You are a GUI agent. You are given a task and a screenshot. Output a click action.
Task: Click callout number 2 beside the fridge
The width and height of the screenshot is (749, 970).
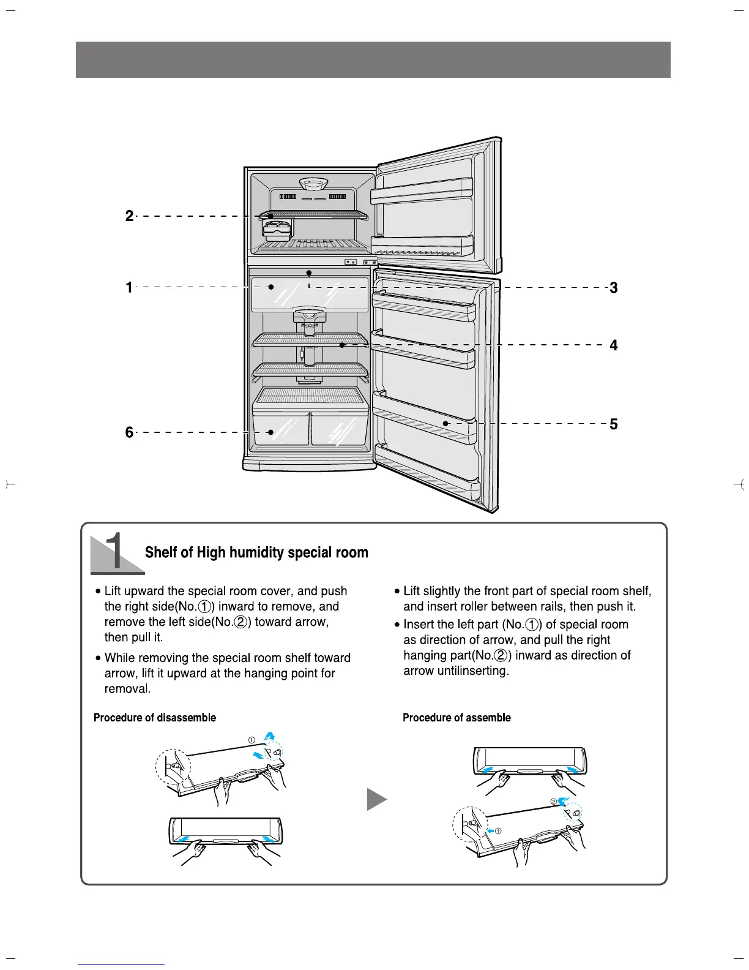pos(129,216)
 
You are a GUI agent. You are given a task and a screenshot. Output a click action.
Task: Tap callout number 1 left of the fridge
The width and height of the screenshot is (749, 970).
pos(129,287)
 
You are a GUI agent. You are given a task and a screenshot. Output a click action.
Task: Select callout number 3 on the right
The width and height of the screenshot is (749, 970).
pos(614,287)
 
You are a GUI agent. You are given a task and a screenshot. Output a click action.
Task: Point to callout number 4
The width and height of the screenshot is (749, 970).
pos(614,345)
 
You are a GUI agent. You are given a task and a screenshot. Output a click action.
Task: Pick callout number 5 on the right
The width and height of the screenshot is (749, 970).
pos(614,424)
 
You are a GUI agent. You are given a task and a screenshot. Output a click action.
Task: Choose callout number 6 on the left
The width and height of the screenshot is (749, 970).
pos(129,432)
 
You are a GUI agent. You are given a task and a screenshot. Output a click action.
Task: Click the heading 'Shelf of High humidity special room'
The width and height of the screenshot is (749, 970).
pos(256,552)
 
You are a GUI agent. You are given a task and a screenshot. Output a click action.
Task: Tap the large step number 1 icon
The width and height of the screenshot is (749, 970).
pos(116,552)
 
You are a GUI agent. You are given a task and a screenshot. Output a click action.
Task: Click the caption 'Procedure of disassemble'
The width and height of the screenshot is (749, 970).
pos(155,718)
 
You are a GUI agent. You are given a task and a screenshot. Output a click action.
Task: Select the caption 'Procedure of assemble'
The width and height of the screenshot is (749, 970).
pos(456,718)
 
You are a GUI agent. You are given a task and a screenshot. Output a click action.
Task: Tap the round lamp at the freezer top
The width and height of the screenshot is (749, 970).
pos(314,183)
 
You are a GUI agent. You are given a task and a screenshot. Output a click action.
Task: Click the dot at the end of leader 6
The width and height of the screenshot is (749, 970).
pos(270,432)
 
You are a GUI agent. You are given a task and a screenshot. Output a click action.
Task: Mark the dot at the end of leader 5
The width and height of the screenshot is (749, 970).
pos(446,423)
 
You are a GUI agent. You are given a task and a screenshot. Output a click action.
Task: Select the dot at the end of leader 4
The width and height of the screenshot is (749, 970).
pos(343,345)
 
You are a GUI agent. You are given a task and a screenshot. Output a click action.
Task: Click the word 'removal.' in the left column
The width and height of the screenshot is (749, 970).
pos(127,689)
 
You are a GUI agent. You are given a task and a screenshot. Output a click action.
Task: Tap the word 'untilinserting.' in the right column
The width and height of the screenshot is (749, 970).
pos(456,671)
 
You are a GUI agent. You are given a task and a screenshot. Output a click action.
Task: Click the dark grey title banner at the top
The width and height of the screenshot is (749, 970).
pos(373,59)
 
